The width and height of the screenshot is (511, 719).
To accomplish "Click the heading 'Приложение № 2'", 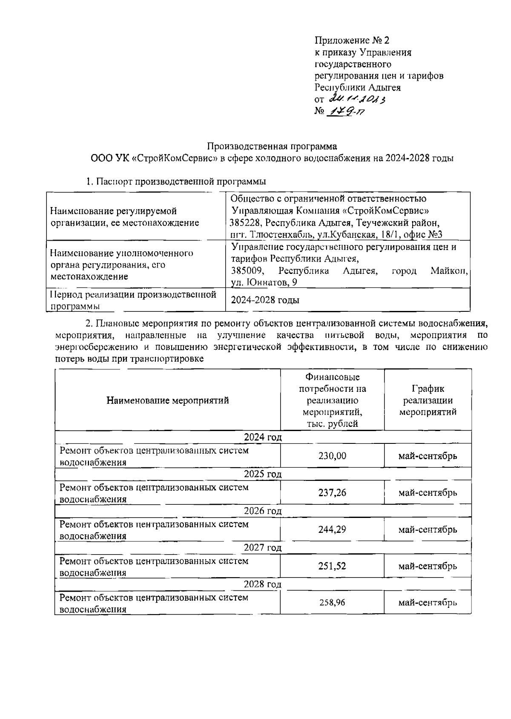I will (352, 40).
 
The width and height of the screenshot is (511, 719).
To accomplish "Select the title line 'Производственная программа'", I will (272, 147).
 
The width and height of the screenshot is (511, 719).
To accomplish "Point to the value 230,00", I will (332, 456).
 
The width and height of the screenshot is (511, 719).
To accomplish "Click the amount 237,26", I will (332, 493).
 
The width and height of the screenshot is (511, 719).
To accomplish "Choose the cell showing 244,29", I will (332, 529).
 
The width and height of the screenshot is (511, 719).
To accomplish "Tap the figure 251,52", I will (332, 566).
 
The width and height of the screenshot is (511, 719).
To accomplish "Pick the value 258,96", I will (332, 603).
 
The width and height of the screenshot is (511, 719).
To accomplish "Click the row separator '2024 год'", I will (263, 437).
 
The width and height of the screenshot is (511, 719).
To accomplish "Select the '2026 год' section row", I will (263, 511).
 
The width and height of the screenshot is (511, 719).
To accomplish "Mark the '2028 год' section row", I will (263, 584).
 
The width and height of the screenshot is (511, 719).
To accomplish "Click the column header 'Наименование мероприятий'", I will (167, 400).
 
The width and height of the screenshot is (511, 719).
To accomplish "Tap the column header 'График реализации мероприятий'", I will (428, 400).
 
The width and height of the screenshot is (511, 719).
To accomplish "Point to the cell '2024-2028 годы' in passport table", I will (265, 300).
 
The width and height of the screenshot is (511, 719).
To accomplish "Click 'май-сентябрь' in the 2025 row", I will (428, 493).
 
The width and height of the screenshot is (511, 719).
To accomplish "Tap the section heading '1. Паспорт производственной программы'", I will (175, 181).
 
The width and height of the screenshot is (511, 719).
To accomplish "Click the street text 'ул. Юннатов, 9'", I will (264, 282).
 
